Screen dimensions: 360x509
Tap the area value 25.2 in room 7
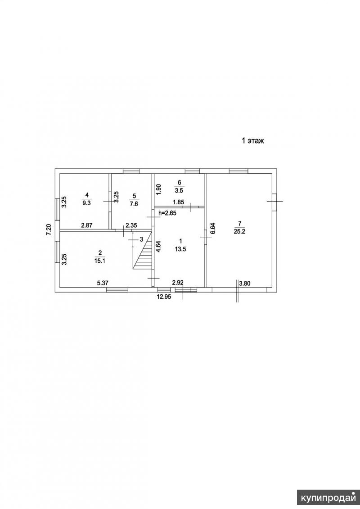[239, 231]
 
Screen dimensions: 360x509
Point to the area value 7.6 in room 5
[135, 204]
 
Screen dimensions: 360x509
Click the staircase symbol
[143, 249]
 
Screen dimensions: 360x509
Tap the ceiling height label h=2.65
[167, 213]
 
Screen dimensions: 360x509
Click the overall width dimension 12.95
[164, 297]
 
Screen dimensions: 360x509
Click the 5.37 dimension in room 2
[103, 283]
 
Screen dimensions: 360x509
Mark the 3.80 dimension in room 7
[245, 284]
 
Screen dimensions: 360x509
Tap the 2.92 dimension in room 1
[178, 283]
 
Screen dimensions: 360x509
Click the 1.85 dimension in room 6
[179, 202]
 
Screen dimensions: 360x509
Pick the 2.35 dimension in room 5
[131, 225]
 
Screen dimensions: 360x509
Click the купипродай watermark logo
[328, 498]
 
